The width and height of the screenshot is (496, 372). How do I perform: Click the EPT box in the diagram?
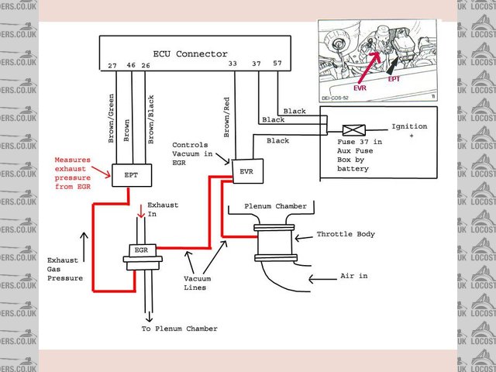click(x=129, y=175)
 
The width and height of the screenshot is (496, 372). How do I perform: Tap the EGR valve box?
click(x=142, y=252)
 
